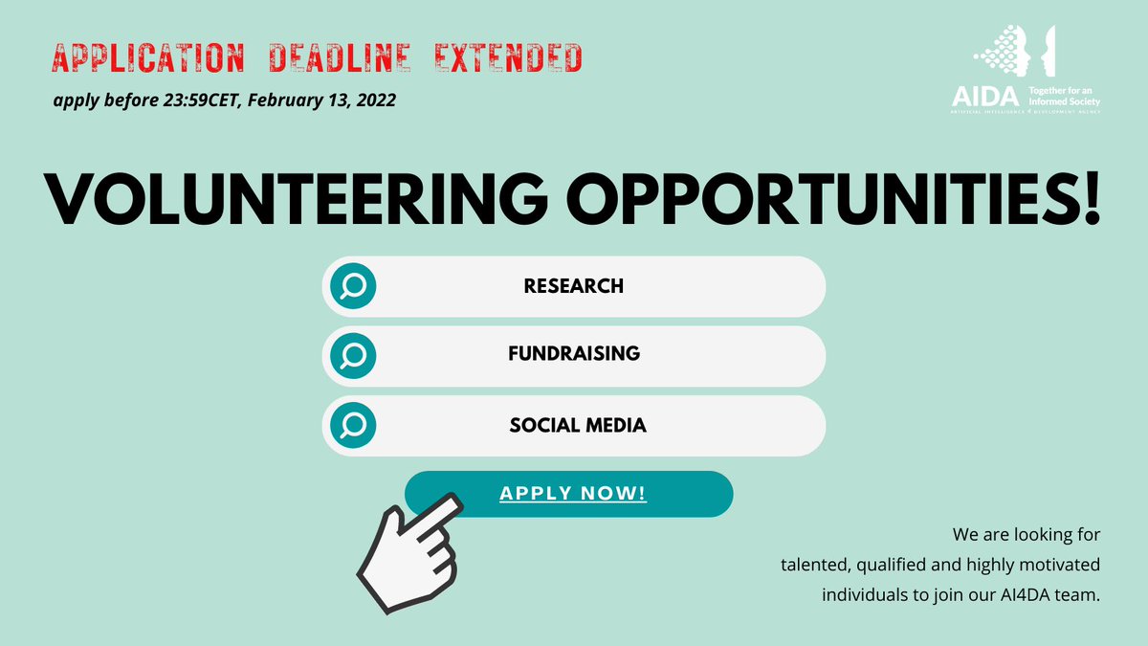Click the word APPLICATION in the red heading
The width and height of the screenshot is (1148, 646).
(148, 59)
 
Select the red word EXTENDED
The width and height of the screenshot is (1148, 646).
(508, 59)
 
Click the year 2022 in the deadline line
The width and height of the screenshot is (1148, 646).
(373, 100)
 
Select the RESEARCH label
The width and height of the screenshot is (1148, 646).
(574, 286)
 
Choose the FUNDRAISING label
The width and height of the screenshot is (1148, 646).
(574, 353)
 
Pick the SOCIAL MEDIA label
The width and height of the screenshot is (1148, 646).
(578, 424)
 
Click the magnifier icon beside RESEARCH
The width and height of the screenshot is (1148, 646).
(353, 286)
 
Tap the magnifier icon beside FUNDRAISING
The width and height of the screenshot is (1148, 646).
(353, 356)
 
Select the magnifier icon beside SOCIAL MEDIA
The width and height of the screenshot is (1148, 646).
(353, 426)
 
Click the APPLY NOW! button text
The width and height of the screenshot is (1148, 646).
(573, 494)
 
